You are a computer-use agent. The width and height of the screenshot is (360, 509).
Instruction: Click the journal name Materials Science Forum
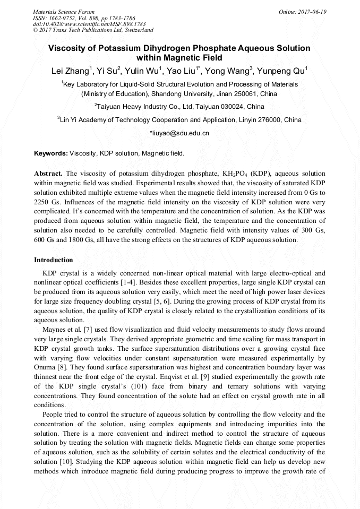tap(64, 11)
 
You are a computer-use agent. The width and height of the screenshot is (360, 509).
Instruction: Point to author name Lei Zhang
tap(71, 71)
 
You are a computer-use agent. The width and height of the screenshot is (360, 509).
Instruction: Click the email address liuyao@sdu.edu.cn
tap(180, 133)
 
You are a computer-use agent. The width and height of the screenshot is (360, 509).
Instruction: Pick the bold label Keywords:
tap(51, 153)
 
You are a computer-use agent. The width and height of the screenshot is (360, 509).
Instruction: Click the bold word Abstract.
tap(48, 173)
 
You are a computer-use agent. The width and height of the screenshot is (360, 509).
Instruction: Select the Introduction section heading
tap(54, 260)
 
